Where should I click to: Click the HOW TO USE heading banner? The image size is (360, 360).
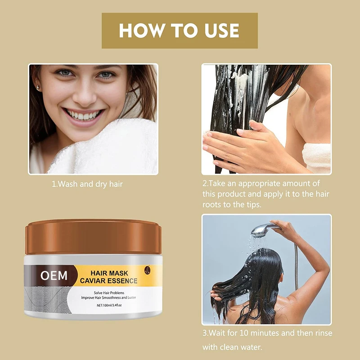[x=180, y=31]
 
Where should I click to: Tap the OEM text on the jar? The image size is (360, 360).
[x=54, y=275]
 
